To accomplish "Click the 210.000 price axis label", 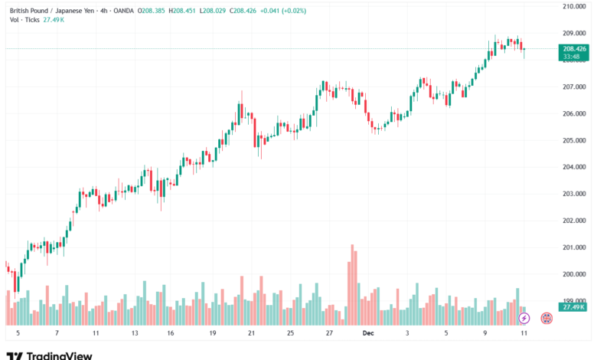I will (573, 6).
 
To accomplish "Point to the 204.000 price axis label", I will (573, 167).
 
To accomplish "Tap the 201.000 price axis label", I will (573, 247).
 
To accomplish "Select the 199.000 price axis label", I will (573, 301).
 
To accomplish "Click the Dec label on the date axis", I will (367, 334).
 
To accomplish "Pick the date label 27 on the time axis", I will (328, 334).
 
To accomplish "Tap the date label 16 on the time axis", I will (170, 334).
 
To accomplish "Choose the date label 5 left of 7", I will (18, 334).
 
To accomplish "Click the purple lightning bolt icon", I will (524, 317).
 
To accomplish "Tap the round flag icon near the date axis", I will (547, 317).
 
